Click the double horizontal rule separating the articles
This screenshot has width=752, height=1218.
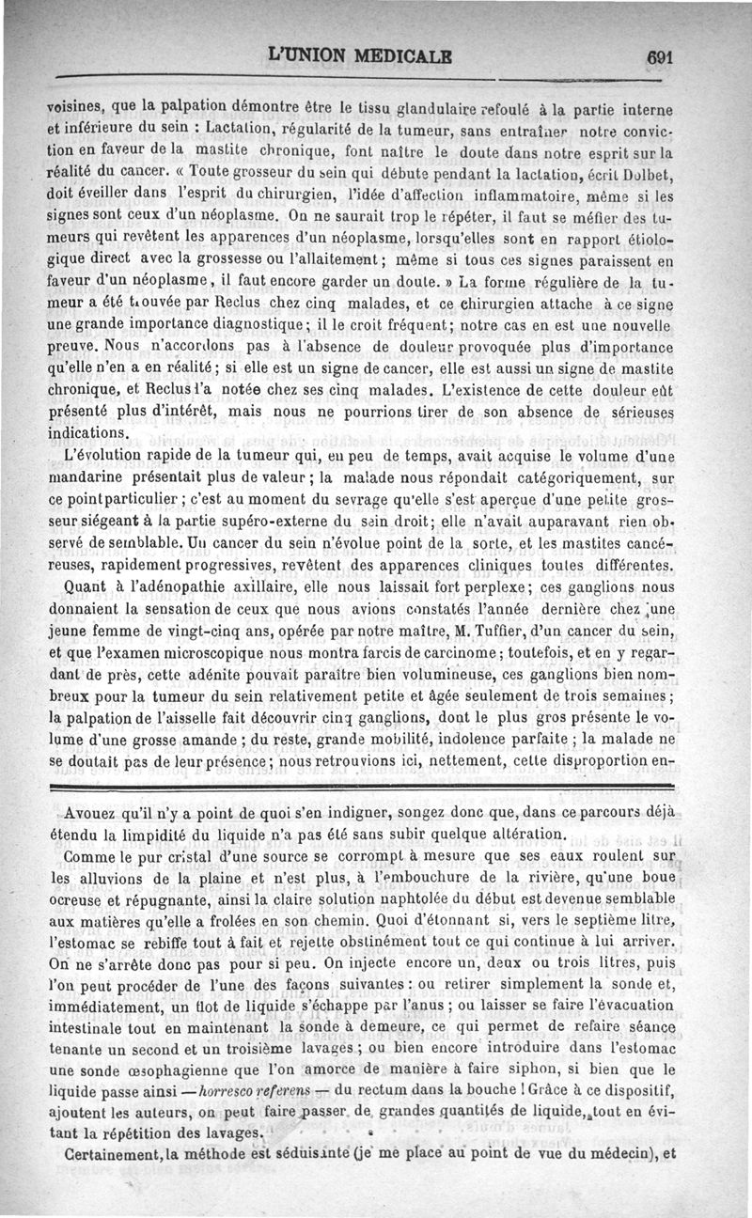coord(376,783)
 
